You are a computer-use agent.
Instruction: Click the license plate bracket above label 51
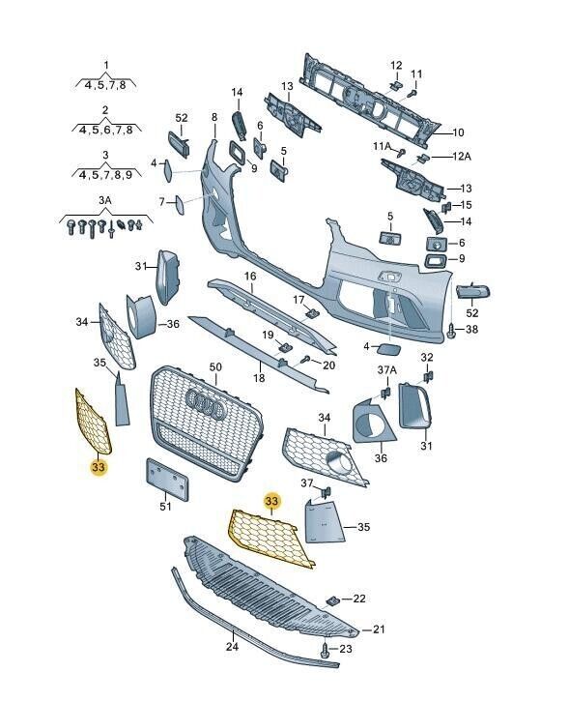pos(167,479)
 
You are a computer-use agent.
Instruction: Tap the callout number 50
pos(215,367)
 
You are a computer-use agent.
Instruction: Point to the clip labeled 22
pos(332,600)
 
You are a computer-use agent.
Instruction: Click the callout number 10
pos(458,132)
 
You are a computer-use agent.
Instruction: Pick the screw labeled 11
pos(413,93)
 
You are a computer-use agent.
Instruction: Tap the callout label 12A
pos(462,157)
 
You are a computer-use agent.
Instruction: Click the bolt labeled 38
pos(452,331)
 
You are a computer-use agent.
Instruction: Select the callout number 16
pos(250,276)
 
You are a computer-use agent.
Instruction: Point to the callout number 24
pos(232,647)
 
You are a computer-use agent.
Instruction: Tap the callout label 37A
pos(387,370)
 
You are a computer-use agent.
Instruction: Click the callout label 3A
pos(105,200)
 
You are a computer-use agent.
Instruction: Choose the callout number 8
pos(214,117)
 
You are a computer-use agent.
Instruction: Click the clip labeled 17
pos(312,313)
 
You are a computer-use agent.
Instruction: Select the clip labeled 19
pos(284,346)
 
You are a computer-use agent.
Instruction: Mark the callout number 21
pos(379,629)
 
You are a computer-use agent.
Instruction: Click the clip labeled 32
pos(428,376)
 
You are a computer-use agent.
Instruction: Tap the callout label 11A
pos(383,146)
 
